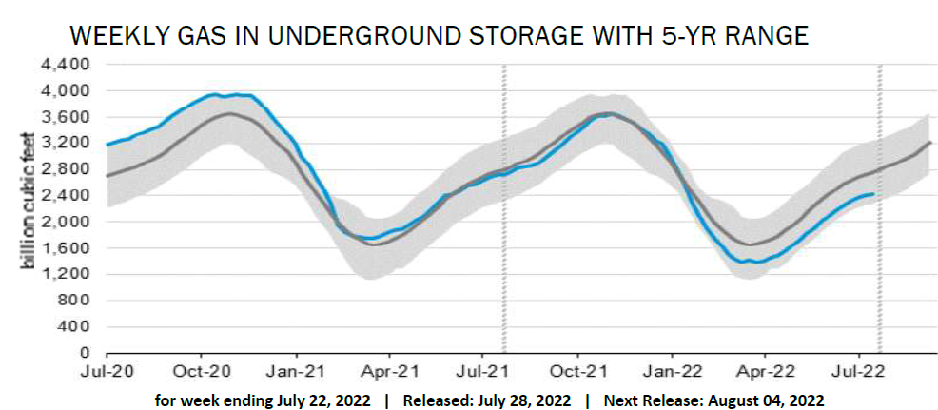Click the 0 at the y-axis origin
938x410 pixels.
[x=86, y=353]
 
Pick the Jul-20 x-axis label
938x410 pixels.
[x=106, y=370]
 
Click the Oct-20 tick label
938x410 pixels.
[x=202, y=370]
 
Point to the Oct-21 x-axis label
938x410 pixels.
[x=578, y=370]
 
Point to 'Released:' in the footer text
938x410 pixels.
[x=434, y=400]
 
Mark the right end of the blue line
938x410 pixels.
[x=874, y=194]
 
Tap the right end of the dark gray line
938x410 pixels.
[x=929, y=142]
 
